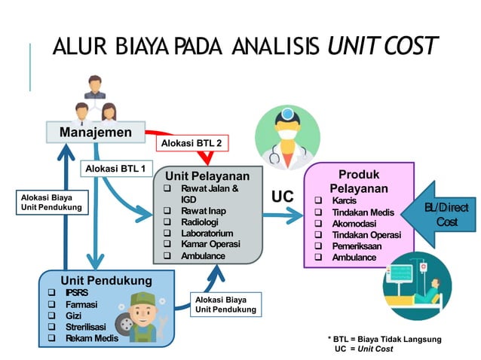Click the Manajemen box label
pos(91,133)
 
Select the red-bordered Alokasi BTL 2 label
pos(191,142)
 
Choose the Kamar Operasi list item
pos(210,244)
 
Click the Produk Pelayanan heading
pos(358,181)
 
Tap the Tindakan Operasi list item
pos(367,234)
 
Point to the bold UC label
pos(282,197)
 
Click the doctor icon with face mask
pos(283,135)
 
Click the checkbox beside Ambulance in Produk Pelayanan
pos(319,257)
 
